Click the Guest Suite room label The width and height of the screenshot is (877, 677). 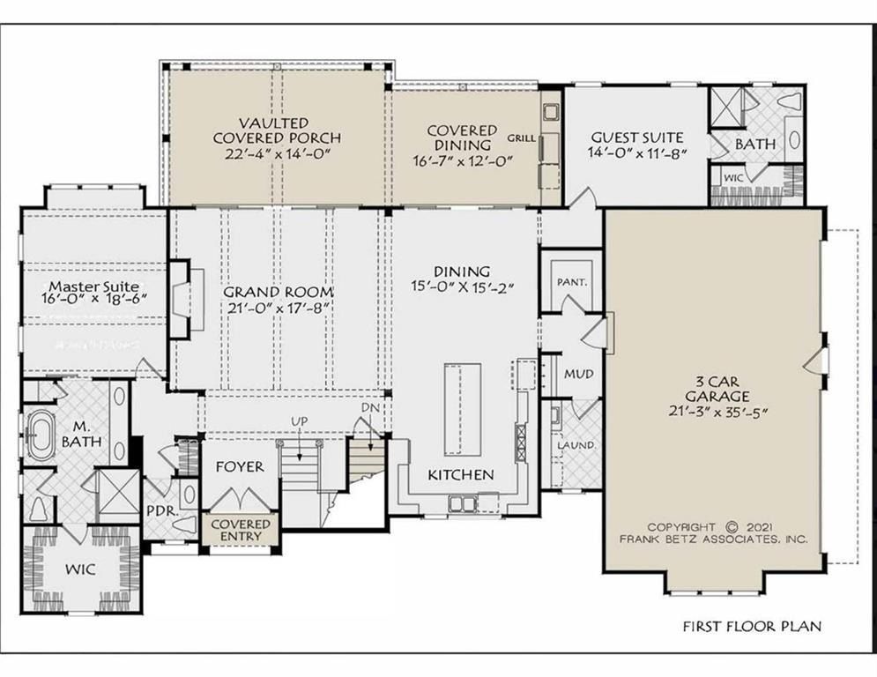click(x=636, y=137)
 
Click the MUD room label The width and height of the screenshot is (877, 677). click(x=578, y=375)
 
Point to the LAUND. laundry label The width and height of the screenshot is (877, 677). click(x=575, y=445)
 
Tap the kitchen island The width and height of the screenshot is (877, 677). click(x=460, y=407)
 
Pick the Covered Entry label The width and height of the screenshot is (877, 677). click(x=241, y=531)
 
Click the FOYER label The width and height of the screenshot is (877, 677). click(x=240, y=466)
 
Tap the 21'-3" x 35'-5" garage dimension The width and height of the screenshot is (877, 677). click(x=715, y=413)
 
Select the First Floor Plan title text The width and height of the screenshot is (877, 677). click(x=752, y=627)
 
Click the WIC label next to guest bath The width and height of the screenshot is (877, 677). click(x=734, y=177)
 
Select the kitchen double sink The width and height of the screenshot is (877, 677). click(x=463, y=502)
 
